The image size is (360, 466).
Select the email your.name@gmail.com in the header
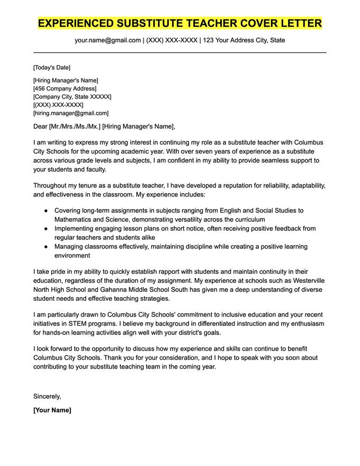click(x=107, y=40)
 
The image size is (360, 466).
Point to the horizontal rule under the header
click(x=180, y=52)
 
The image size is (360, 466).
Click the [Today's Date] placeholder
click(x=51, y=67)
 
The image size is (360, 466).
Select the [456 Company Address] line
click(x=65, y=88)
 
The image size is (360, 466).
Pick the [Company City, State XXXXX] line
click(x=72, y=97)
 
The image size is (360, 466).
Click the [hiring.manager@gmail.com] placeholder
click(x=70, y=113)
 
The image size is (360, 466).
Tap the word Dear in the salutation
click(x=40, y=127)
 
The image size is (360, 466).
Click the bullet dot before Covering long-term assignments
click(x=47, y=211)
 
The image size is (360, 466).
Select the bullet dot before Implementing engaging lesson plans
click(x=47, y=229)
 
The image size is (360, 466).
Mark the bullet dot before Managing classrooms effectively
click(x=47, y=247)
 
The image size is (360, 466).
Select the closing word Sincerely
click(x=47, y=396)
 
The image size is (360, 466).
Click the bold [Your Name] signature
click(x=52, y=410)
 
